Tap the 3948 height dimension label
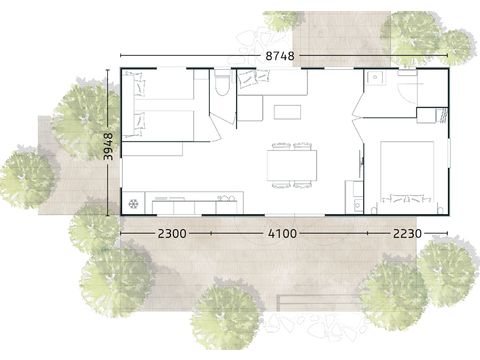coord(109,141)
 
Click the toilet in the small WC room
coord(221,84)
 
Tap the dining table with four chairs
coord(292,165)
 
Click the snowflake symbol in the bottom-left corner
coord(133,205)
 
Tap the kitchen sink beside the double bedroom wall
coord(355,204)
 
